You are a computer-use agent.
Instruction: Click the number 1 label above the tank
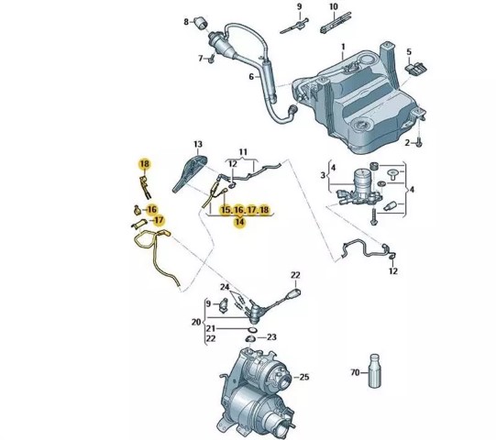coord(343,48)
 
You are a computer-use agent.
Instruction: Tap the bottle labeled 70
coord(374,370)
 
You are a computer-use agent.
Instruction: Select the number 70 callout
coord(356,372)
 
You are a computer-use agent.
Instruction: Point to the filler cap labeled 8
coord(200,23)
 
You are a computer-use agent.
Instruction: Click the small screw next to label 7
coord(211,59)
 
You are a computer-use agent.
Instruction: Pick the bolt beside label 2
coord(419,143)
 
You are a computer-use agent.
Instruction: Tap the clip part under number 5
coord(415,69)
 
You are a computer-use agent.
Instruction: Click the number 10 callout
coord(334,6)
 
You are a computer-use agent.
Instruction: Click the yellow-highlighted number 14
coord(240,222)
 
